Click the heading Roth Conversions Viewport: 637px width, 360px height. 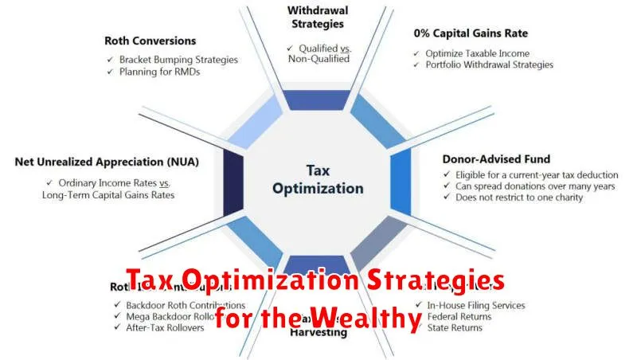coord(150,40)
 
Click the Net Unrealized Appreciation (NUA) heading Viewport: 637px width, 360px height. coord(107,161)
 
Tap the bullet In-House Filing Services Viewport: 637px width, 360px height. coord(477,305)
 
